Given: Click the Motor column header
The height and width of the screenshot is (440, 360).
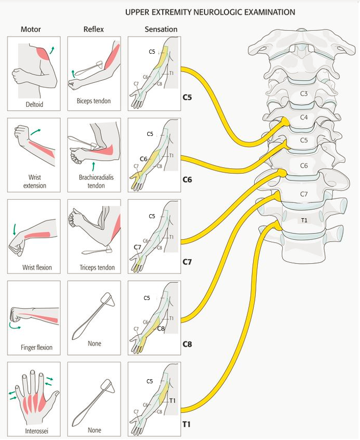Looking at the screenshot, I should click(x=31, y=29).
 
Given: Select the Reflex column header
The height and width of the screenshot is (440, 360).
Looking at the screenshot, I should click(x=94, y=29).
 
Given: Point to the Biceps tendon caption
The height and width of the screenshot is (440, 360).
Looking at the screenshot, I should click(x=95, y=101).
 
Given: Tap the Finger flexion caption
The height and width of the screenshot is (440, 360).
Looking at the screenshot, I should click(x=34, y=348).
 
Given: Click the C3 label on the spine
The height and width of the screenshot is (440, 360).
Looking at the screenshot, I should click(x=304, y=94).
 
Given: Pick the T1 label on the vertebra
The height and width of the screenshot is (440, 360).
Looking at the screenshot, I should click(x=304, y=219).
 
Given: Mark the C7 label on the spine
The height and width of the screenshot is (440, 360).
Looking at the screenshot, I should click(x=304, y=194).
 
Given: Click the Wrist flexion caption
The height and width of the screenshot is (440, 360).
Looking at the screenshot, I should click(x=36, y=267).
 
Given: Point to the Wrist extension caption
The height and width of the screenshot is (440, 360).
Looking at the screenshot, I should click(x=34, y=181).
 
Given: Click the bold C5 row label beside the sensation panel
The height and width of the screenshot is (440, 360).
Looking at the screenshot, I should click(x=188, y=97).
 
